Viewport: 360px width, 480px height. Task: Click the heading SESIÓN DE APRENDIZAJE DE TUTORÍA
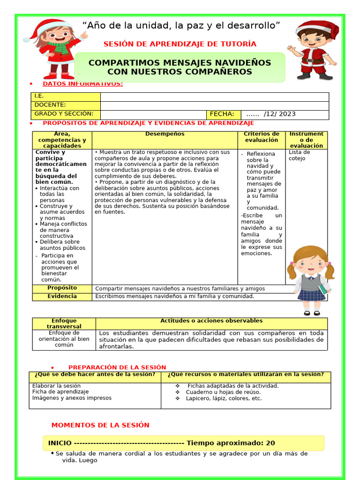(180, 44)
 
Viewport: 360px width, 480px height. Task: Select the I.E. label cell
(66, 97)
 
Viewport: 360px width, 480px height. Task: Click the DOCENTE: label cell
(66, 105)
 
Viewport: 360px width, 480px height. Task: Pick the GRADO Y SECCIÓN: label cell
(66, 114)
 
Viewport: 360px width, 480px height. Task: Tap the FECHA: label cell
(223, 114)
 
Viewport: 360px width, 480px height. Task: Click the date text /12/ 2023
(279, 114)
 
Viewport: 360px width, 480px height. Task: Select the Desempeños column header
(165, 134)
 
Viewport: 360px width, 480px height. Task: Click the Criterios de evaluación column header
(262, 137)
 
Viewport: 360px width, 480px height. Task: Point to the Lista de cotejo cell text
(300, 155)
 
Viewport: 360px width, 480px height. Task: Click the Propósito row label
(62, 288)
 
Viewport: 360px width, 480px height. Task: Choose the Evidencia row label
(62, 296)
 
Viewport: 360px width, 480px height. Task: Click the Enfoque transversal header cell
(64, 323)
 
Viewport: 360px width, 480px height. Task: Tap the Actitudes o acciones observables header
(211, 321)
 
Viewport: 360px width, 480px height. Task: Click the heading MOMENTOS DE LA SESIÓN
(100, 425)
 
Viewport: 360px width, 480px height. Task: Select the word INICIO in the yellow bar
(60, 443)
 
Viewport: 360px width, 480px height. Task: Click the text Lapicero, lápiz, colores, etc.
(224, 398)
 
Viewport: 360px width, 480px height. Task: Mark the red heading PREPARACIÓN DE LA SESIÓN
(117, 367)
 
